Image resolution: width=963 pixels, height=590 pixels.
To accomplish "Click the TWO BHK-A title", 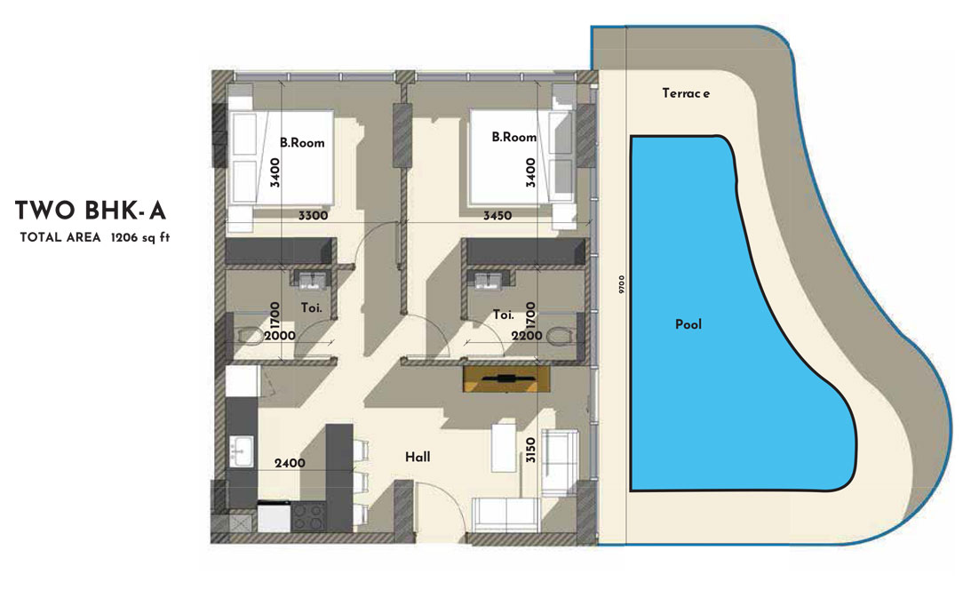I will tap(91, 211).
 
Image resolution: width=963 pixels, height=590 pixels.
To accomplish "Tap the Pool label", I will tap(688, 324).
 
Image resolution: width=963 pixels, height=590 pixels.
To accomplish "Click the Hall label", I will tap(418, 457).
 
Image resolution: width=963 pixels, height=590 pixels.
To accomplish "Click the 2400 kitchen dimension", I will tap(290, 463).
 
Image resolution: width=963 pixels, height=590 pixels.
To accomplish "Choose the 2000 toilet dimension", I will tap(282, 336).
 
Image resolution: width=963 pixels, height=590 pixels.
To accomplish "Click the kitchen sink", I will tap(239, 450).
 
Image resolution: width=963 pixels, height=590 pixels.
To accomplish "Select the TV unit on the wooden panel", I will tap(506, 379).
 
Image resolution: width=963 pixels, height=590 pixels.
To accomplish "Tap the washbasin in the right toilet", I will tap(486, 281).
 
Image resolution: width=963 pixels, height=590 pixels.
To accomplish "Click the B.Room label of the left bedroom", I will tap(302, 142).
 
